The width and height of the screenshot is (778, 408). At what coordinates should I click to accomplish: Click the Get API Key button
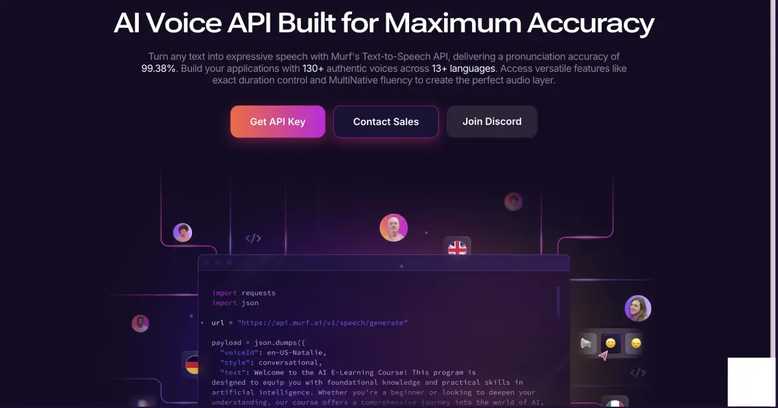(x=277, y=122)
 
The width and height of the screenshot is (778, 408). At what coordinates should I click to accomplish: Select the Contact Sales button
(x=386, y=122)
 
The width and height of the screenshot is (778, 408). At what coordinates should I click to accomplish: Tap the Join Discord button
(x=491, y=121)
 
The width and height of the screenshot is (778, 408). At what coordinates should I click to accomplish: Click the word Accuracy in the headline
(x=590, y=23)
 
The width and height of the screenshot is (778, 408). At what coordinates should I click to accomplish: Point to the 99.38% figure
(x=159, y=68)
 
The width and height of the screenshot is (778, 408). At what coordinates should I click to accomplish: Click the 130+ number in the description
(x=313, y=68)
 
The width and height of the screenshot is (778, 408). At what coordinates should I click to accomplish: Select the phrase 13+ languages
(x=464, y=68)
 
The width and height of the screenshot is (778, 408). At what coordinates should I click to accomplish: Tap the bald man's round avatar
(x=394, y=228)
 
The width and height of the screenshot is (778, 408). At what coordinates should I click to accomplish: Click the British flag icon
(x=458, y=248)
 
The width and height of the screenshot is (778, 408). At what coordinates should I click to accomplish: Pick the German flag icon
(x=192, y=365)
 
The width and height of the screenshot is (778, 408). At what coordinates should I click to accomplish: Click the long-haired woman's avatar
(x=637, y=308)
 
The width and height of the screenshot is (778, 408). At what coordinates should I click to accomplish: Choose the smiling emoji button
(x=610, y=343)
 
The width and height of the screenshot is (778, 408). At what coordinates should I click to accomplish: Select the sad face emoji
(x=636, y=343)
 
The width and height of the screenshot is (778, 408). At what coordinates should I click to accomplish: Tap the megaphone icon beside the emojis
(x=587, y=343)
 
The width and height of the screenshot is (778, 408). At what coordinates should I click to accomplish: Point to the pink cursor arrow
(x=604, y=356)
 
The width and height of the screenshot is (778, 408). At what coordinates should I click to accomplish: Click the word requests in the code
(x=258, y=293)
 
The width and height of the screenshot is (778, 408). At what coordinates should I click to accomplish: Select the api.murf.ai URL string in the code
(x=322, y=323)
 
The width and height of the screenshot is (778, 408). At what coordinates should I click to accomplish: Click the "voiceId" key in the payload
(x=237, y=352)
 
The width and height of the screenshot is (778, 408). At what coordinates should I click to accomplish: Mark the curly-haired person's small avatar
(x=182, y=232)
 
